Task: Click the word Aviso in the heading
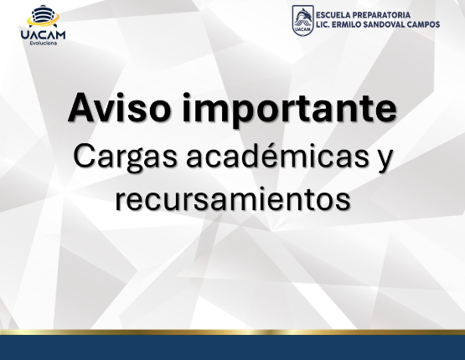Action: (119, 107)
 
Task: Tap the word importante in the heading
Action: (289, 110)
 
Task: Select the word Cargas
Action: (125, 157)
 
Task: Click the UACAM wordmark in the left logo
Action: (43, 34)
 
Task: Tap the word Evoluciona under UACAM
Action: (44, 44)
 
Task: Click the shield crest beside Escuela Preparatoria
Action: (302, 19)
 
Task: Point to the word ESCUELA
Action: (333, 15)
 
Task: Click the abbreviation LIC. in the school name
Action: (322, 24)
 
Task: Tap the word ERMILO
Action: (347, 24)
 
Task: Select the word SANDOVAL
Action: (385, 24)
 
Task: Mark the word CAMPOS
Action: (423, 24)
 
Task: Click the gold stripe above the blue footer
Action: (233, 332)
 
